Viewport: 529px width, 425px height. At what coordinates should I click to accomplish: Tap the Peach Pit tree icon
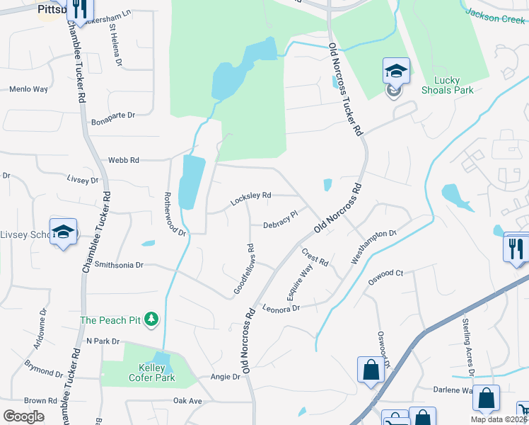pos(151,320)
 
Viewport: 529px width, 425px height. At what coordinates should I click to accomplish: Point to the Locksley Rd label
pos(250,199)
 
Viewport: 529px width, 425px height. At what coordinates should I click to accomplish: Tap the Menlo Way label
pos(28,89)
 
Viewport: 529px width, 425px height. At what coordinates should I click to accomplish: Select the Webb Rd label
pos(124,160)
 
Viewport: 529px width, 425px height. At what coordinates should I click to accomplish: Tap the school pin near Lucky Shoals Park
pos(396,71)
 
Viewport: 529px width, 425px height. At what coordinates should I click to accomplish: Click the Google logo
pos(24,416)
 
